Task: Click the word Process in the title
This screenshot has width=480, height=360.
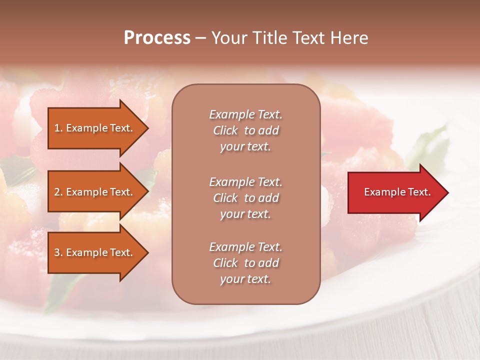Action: coord(157,38)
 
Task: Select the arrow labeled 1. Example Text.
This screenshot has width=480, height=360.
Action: coord(95,128)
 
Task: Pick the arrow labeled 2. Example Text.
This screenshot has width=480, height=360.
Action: coord(95,192)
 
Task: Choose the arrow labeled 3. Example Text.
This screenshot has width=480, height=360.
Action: coord(95,252)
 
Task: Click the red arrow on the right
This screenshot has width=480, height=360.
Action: coord(395,192)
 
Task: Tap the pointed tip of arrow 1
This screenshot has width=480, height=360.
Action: coord(147,128)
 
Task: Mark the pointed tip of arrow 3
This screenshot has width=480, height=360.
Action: coord(147,252)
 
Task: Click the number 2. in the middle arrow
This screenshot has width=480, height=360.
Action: coord(58,192)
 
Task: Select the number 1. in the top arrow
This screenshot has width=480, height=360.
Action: coord(58,128)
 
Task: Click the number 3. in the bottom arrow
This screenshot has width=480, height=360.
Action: coord(58,252)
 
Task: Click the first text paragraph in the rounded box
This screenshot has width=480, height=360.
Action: coord(245,130)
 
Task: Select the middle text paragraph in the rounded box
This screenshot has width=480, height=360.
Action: coord(245,198)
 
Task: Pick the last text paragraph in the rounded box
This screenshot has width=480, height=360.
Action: coord(245,263)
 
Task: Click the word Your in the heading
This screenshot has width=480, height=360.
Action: coord(229,38)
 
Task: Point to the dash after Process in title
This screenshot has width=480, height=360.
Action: coord(200,38)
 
